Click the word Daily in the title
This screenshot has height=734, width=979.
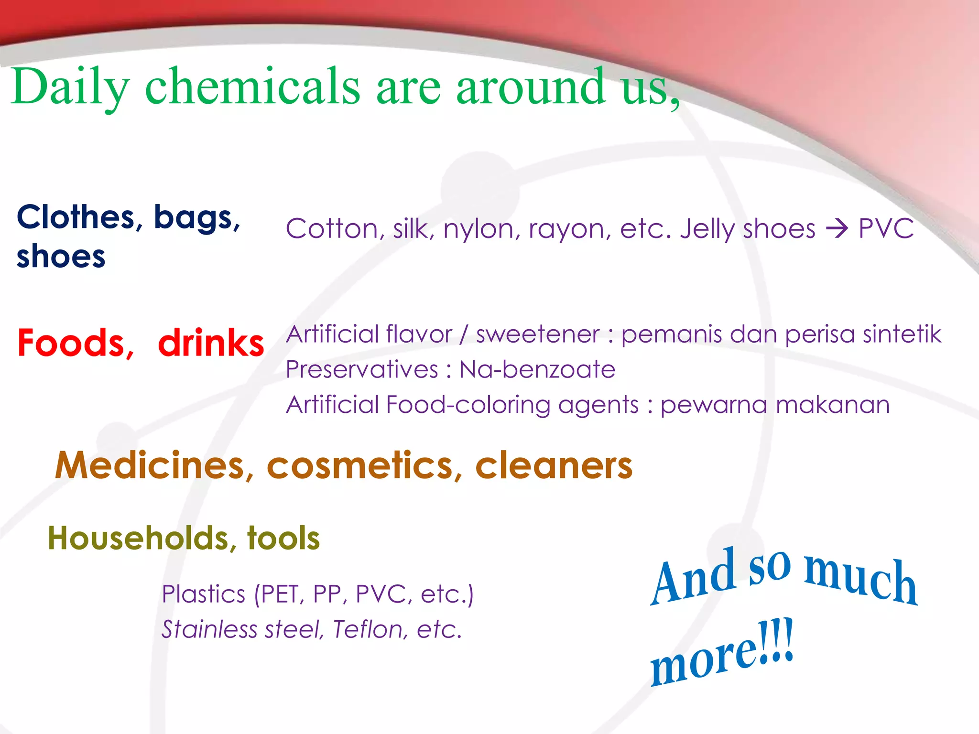click(x=70, y=87)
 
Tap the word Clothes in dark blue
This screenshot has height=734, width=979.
click(x=76, y=217)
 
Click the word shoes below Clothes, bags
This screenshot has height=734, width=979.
click(x=61, y=257)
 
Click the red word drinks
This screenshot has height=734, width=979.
click(x=211, y=344)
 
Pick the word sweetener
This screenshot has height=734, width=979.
click(x=537, y=335)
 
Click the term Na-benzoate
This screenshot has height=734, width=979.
click(x=537, y=370)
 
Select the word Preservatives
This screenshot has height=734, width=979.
click(x=362, y=370)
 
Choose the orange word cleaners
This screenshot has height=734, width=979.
click(x=554, y=465)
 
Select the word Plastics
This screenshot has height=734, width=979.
click(x=204, y=594)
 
